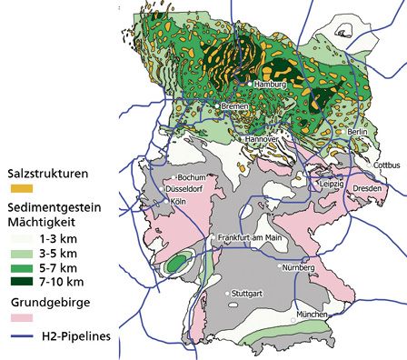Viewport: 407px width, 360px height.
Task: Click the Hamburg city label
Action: tap(271, 84)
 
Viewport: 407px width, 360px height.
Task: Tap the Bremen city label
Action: tap(235, 106)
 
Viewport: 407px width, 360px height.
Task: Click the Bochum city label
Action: tap(195, 177)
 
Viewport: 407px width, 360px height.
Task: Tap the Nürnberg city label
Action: tap(300, 268)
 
